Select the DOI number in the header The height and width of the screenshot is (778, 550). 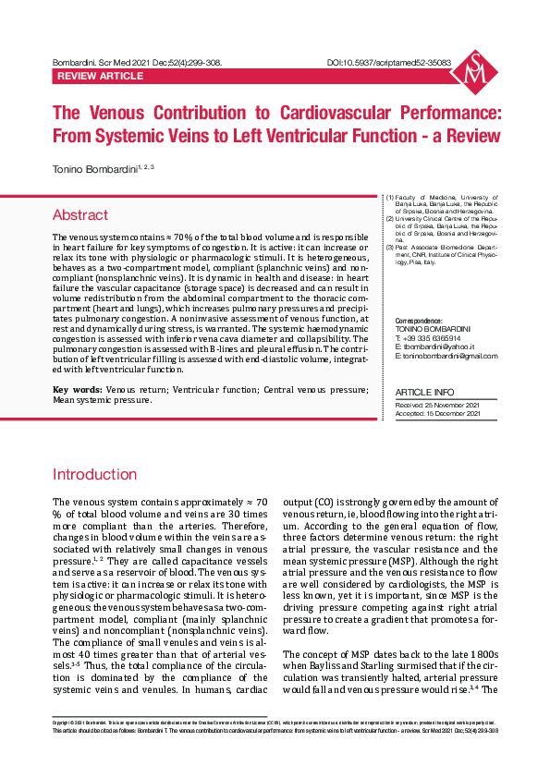(389, 63)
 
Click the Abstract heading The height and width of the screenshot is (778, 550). (80, 215)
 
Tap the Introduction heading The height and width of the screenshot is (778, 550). (95, 475)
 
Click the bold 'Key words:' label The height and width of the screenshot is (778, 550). (77, 417)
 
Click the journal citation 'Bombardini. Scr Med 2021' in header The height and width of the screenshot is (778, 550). (111, 63)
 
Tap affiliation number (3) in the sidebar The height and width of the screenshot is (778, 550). (390, 248)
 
